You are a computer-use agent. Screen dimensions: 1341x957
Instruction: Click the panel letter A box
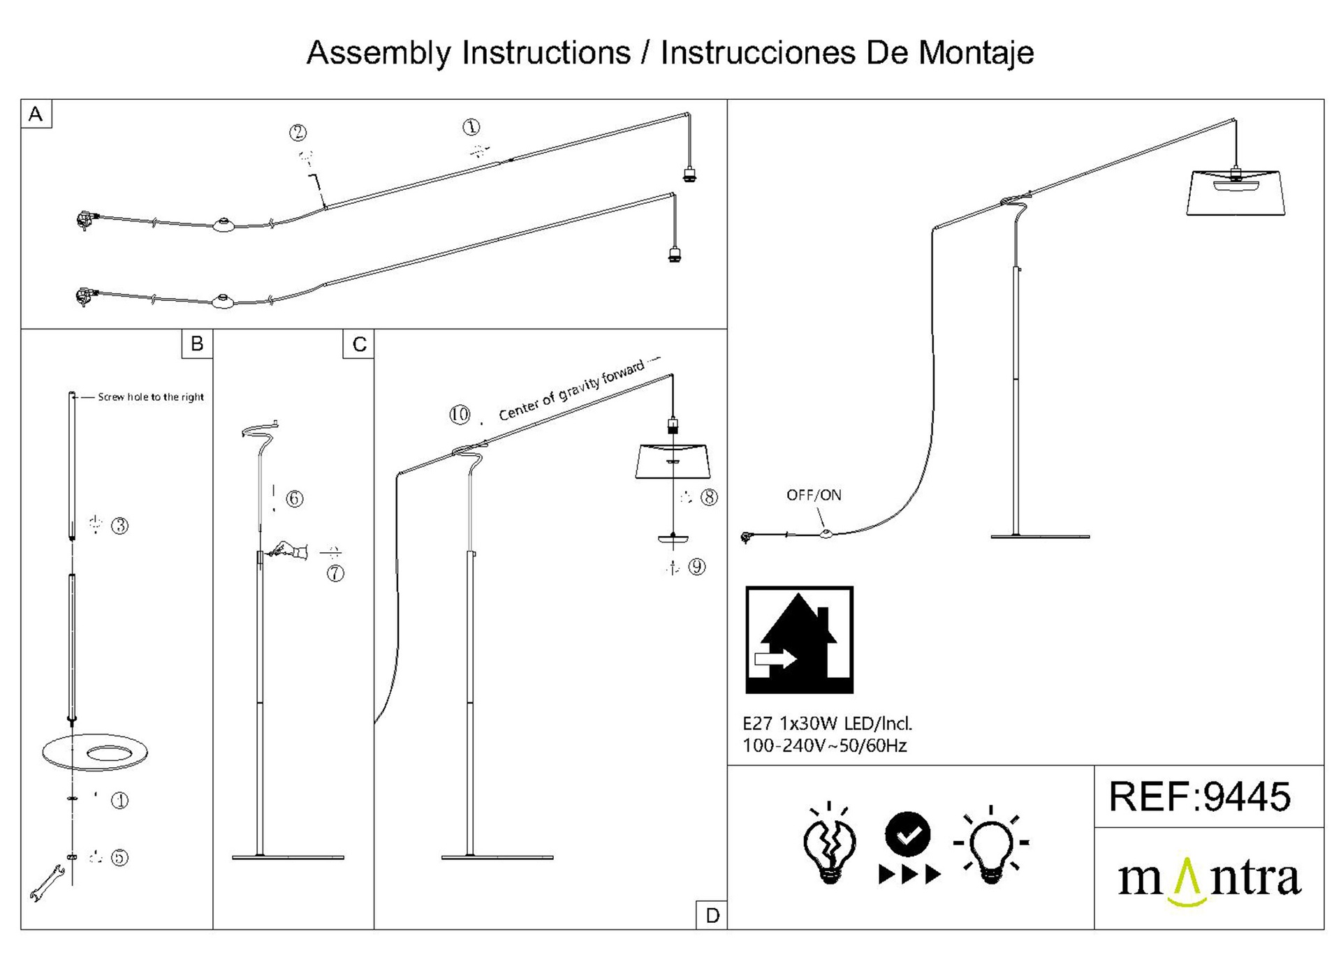coord(36,114)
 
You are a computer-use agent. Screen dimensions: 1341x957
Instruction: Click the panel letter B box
coord(197,343)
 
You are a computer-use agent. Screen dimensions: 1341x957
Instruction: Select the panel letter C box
coord(359,344)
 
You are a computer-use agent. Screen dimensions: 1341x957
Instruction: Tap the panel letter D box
coord(712,915)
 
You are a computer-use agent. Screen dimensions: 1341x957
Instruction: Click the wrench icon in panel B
coord(47,882)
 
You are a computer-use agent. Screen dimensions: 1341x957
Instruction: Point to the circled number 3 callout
coord(120,526)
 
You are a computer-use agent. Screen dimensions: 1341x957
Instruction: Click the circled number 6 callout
coord(295,498)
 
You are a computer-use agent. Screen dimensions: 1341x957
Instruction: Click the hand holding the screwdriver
coord(291,550)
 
